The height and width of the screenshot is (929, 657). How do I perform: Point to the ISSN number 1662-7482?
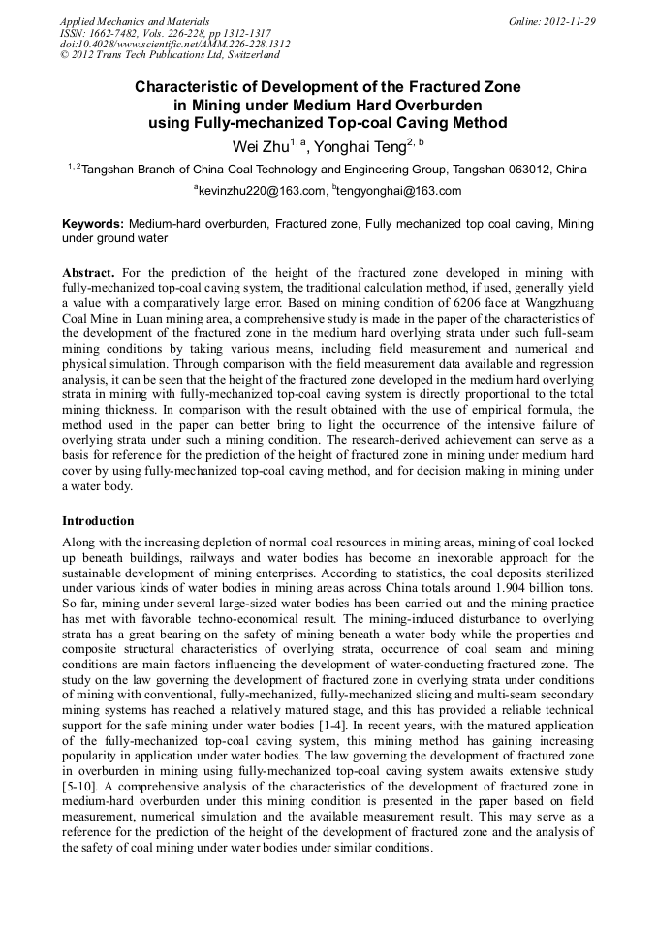(x=117, y=32)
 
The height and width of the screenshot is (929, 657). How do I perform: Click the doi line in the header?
(x=174, y=44)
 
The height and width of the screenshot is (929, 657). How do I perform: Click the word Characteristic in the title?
(x=190, y=87)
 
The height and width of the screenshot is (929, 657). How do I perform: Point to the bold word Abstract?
(x=89, y=273)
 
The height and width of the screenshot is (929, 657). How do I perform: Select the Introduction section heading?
(x=98, y=520)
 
